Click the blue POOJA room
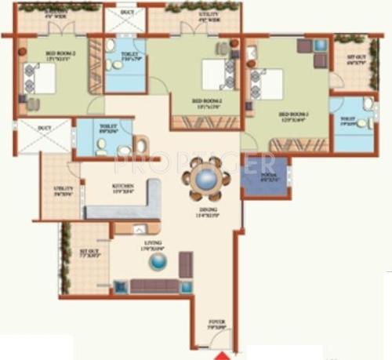[x=265, y=178]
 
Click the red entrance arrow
[x=217, y=355]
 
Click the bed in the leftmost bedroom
[x=41, y=78]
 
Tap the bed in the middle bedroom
[x=214, y=75]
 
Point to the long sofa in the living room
[x=154, y=285]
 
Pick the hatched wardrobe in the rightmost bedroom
[x=298, y=145]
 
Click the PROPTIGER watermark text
[x=194, y=163]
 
